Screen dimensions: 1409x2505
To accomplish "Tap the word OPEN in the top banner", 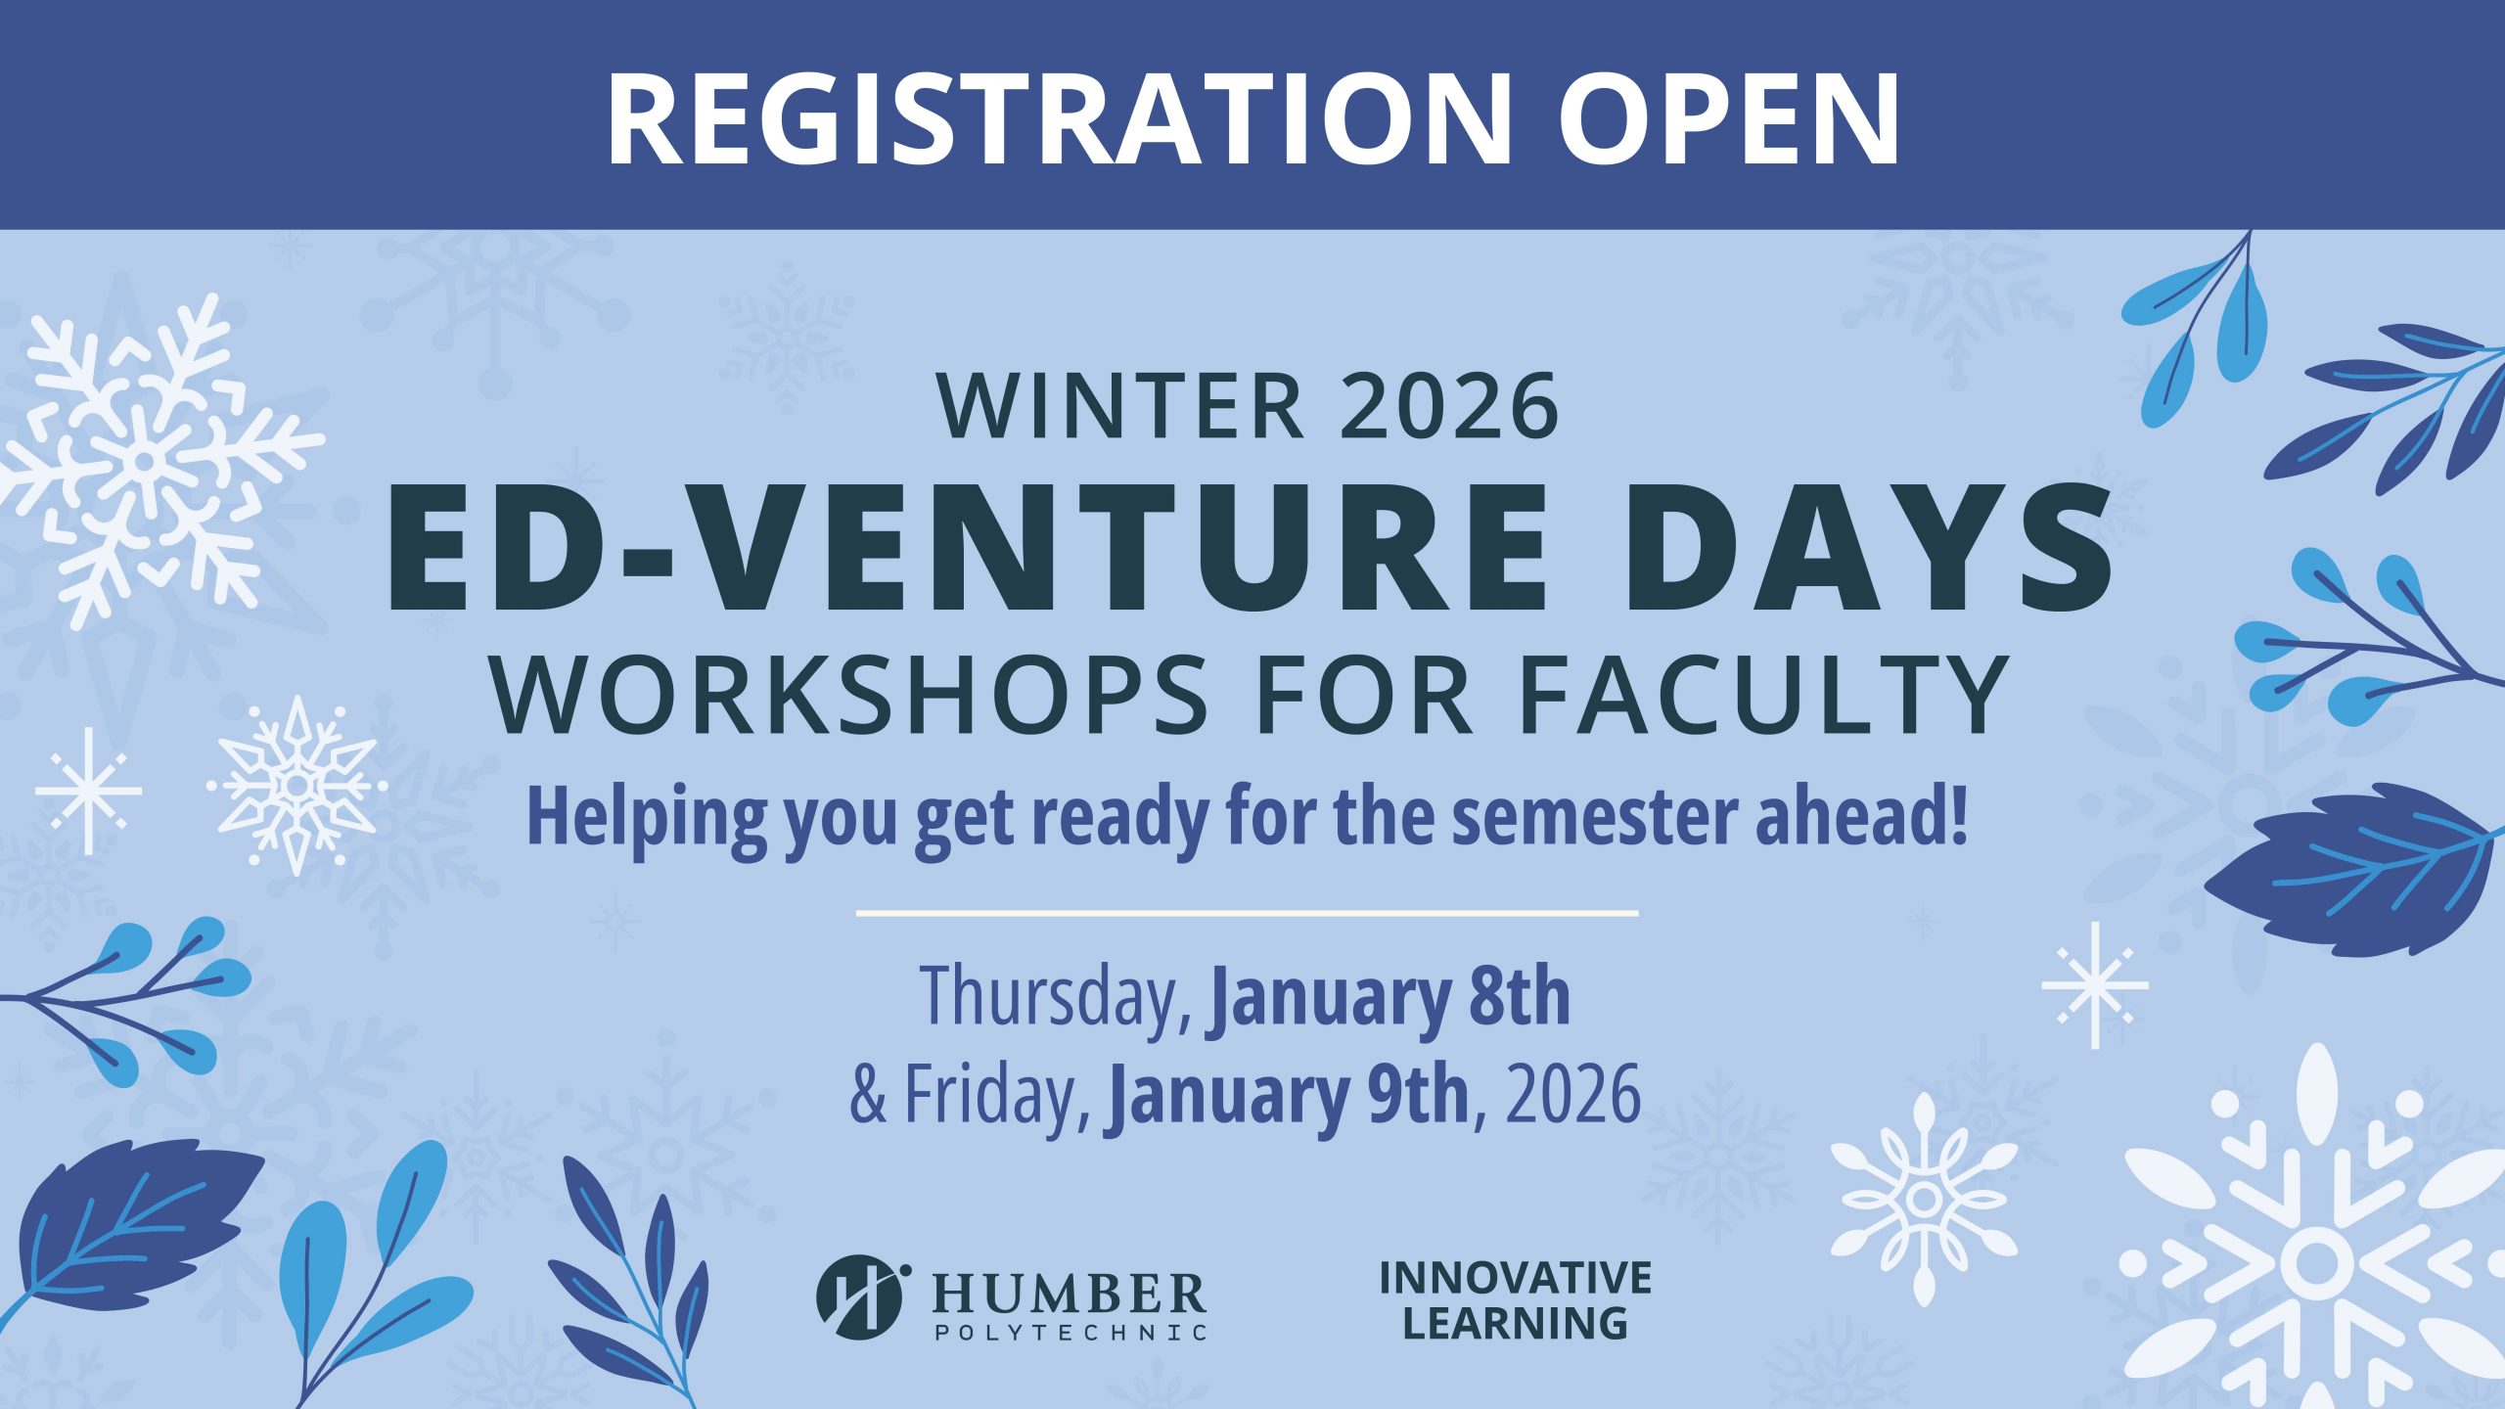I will coord(1728,116).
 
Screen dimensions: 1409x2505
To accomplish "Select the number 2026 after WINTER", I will coord(1449,406).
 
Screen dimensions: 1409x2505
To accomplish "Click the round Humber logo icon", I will coord(859,1296).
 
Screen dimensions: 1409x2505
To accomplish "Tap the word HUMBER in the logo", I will coord(1069,1294).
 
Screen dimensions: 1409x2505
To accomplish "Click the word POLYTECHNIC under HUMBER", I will coord(1069,1333).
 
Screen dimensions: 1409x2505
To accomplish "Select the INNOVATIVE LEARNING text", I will coord(1516,1300).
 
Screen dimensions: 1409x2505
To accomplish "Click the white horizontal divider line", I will coord(1247,914).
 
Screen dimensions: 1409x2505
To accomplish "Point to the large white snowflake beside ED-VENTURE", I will coord(147,460).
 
